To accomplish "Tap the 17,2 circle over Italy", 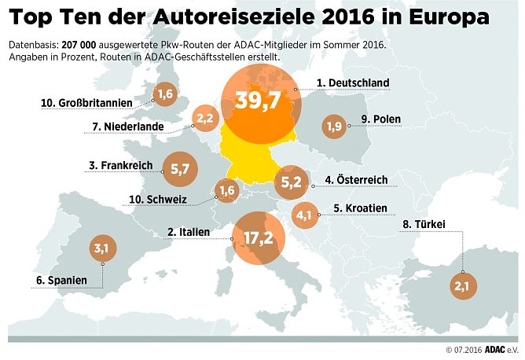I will pyautogui.click(x=259, y=237).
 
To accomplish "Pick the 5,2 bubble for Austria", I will pyautogui.click(x=291, y=182).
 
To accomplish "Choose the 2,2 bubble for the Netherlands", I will pyautogui.click(x=205, y=119).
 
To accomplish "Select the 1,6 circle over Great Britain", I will pyautogui.click(x=165, y=95).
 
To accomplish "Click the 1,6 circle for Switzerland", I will pyautogui.click(x=227, y=189).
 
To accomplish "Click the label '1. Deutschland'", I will pyautogui.click(x=353, y=83).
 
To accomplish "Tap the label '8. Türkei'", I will pyautogui.click(x=424, y=224).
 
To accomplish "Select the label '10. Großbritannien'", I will pyautogui.click(x=88, y=103).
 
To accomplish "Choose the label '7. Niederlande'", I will pyautogui.click(x=127, y=126).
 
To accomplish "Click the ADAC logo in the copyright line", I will pyautogui.click(x=493, y=349).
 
